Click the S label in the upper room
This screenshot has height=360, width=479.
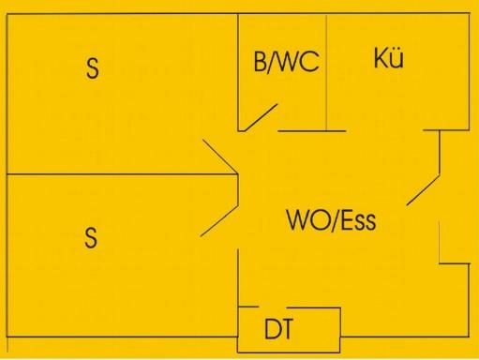point(92,68)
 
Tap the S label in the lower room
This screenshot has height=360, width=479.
point(91,238)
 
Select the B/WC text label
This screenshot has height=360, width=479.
point(286,64)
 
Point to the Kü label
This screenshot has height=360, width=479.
point(388,59)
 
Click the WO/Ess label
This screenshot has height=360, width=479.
point(331,223)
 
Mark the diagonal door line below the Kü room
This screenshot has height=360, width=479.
point(424,188)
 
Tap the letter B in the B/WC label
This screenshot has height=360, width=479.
point(261,64)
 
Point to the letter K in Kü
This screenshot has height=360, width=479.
point(381,59)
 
